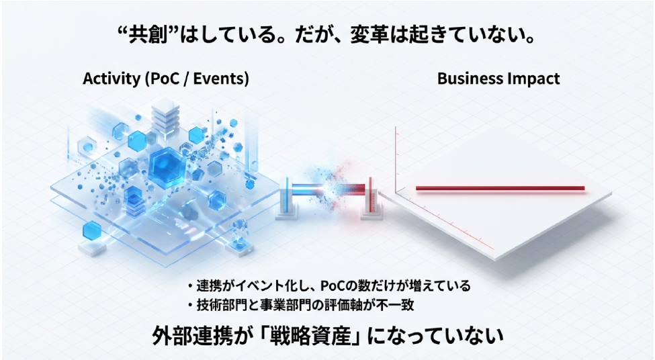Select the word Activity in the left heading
click(x=112, y=79)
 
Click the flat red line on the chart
click(x=500, y=188)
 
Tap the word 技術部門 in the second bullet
click(x=222, y=305)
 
